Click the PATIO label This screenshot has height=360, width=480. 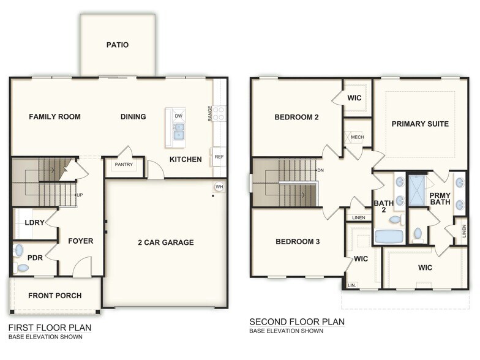(118, 45)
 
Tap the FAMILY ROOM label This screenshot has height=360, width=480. (54, 117)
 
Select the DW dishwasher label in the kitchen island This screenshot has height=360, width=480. (178, 116)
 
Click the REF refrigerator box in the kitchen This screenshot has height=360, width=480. (219, 157)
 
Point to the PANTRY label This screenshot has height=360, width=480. (124, 165)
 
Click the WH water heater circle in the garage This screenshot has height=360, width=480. (219, 187)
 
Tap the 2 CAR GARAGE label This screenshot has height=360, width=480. (165, 242)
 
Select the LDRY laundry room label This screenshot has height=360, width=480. (33, 222)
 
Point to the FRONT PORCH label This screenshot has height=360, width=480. (55, 296)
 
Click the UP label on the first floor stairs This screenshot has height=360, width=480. (79, 195)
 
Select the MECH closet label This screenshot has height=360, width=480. (357, 137)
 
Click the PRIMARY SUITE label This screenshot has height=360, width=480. (420, 124)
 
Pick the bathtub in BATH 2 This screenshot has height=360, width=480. (389, 236)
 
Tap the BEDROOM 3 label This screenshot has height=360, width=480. (298, 242)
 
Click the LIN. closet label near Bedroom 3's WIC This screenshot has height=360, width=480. (351, 285)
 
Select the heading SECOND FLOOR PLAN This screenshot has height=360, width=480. (297, 321)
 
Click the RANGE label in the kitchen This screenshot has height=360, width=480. (210, 113)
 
